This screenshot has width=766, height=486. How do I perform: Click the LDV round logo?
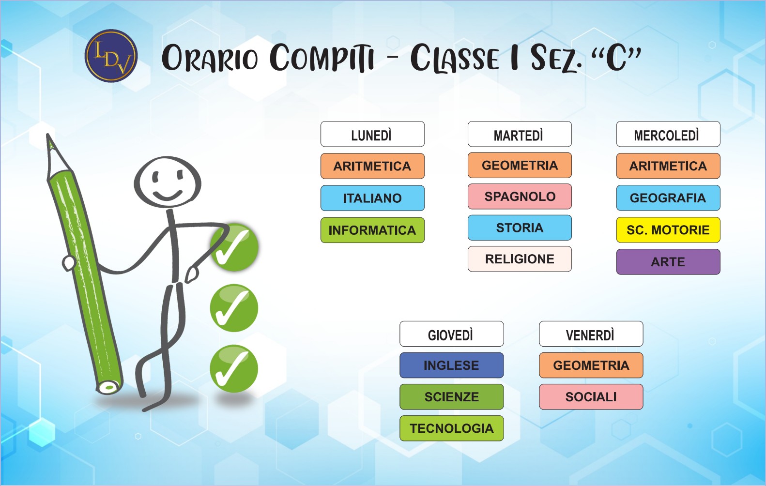tap(111, 56)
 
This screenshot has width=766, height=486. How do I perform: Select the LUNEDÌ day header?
tap(372, 134)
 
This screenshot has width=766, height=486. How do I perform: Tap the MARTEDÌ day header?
tap(520, 134)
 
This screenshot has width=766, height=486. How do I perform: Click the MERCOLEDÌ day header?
tap(668, 134)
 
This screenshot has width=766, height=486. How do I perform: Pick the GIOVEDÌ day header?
tap(451, 334)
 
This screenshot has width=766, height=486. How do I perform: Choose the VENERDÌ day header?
tap(591, 334)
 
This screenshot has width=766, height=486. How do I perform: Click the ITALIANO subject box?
tap(372, 198)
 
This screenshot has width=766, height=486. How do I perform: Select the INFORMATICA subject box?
tap(372, 230)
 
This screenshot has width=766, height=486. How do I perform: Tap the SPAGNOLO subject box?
tap(520, 196)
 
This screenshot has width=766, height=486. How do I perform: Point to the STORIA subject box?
tap(520, 228)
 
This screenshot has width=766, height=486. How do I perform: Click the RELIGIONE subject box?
tap(520, 258)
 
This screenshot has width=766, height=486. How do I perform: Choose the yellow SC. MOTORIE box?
tap(668, 229)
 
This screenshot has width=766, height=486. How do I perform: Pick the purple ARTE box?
tap(668, 261)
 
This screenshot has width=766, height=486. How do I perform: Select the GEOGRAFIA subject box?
tap(668, 197)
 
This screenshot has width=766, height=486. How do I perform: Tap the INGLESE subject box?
tap(451, 365)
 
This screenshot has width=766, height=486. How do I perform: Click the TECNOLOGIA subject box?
tap(451, 428)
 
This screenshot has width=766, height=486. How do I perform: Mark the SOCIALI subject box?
tap(591, 396)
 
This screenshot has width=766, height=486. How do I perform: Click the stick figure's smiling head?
tap(167, 182)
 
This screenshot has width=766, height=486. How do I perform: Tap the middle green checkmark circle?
tap(234, 308)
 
